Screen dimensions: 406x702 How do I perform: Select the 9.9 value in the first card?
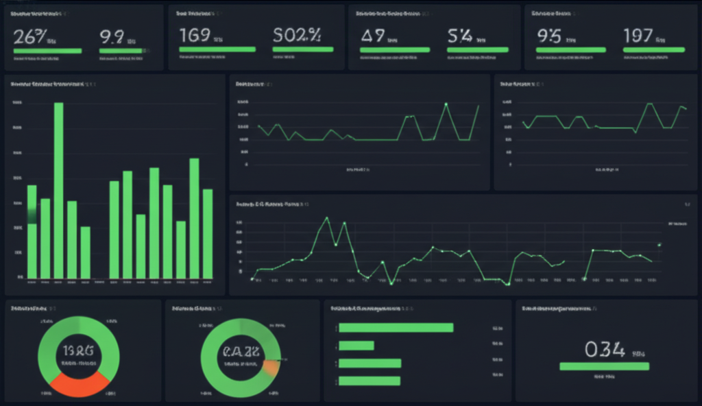pyautogui.click(x=112, y=36)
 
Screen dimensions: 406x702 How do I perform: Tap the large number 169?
pyautogui.click(x=194, y=35)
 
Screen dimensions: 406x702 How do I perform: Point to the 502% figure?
pyautogui.click(x=296, y=35)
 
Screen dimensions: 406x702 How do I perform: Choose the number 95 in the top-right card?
pyautogui.click(x=549, y=36)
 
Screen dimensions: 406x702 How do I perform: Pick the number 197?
pyautogui.click(x=638, y=36)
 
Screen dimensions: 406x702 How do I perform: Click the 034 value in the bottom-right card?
pyautogui.click(x=605, y=350)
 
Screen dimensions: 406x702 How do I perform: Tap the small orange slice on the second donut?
pyautogui.click(x=271, y=368)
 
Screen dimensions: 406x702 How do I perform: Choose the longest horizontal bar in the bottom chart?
pyautogui.click(x=396, y=327)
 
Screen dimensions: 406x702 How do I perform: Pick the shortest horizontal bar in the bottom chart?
pyautogui.click(x=356, y=346)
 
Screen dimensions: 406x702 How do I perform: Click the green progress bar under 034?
pyautogui.click(x=604, y=367)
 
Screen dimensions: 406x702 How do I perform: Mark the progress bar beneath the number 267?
pyautogui.click(x=47, y=51)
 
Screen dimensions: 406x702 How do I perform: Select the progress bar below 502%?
pyautogui.click(x=303, y=49)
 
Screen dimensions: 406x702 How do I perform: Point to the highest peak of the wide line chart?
pyautogui.click(x=326, y=218)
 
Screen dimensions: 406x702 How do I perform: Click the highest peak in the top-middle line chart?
pyautogui.click(x=446, y=104)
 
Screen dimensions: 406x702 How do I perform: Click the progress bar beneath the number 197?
pyautogui.click(x=654, y=49)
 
